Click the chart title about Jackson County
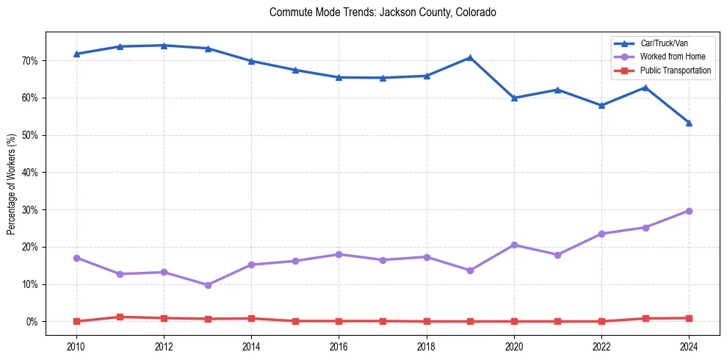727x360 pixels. (383, 12)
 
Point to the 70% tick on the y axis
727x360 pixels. (30, 60)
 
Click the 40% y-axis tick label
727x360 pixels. (30, 173)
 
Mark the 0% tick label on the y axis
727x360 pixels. (32, 322)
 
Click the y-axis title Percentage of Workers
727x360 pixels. (12, 184)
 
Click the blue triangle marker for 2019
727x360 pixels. (470, 57)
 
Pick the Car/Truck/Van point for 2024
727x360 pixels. (689, 123)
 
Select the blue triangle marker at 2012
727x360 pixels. (164, 46)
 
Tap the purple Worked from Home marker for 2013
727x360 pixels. (208, 285)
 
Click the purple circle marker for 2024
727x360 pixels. (689, 211)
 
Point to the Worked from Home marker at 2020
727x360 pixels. (514, 245)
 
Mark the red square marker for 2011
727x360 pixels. (120, 317)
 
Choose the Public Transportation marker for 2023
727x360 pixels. (645, 318)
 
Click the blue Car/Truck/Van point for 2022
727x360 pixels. (601, 105)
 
